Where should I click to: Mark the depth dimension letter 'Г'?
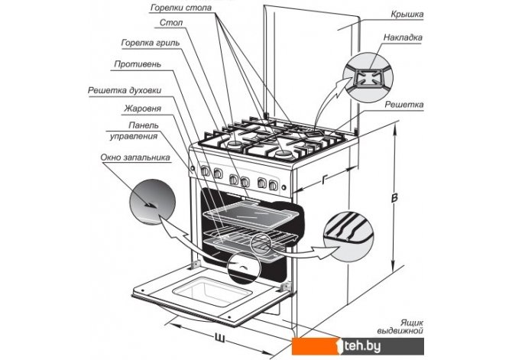pyautogui.click(x=326, y=180)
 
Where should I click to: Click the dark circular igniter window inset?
pyautogui.click(x=150, y=202)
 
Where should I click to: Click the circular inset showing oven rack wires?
pyautogui.click(x=348, y=229)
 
